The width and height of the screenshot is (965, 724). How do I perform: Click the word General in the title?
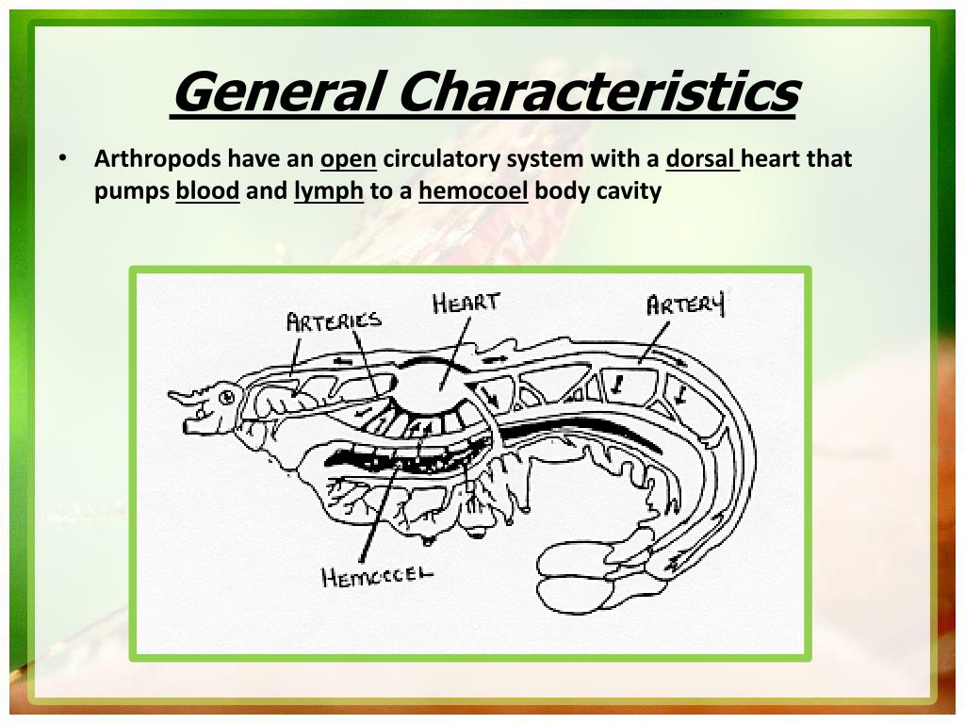[276, 91]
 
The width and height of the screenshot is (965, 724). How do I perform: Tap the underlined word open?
[348, 158]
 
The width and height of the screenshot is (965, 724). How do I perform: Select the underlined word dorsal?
[700, 158]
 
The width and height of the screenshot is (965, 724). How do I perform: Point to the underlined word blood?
[207, 191]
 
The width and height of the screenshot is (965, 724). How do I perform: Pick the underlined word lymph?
[328, 192]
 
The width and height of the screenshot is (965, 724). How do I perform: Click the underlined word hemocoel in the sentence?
[473, 191]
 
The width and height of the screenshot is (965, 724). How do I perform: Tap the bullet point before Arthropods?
[62, 158]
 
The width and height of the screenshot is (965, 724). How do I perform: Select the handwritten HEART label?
[466, 304]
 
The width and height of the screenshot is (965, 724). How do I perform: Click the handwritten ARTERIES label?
[334, 321]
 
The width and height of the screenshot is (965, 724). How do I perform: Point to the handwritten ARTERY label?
[685, 305]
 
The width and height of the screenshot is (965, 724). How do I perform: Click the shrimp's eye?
[226, 397]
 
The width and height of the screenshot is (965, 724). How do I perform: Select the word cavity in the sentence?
[630, 191]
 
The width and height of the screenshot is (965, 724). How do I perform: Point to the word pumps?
[131, 192]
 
